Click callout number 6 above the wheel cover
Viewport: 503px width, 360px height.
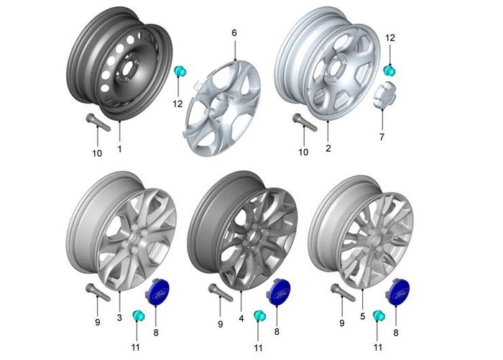click(x=234, y=33)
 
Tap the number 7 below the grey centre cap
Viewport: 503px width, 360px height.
click(x=382, y=137)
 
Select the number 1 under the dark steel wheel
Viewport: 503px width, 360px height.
click(x=120, y=149)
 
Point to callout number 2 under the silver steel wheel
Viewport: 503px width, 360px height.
click(x=328, y=149)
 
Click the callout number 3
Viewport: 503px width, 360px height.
click(x=119, y=318)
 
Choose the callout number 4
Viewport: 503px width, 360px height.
click(x=241, y=318)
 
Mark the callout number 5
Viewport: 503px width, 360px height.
click(x=362, y=317)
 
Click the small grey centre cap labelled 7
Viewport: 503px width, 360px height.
click(x=384, y=94)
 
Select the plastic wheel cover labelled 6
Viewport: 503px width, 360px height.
click(x=223, y=108)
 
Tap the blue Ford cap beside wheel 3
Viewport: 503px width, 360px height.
click(x=157, y=292)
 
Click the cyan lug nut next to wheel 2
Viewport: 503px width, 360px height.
click(x=389, y=70)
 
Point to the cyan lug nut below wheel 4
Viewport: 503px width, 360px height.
click(x=259, y=315)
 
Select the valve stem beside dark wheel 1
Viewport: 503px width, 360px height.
click(x=98, y=122)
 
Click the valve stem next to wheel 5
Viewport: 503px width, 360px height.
click(x=343, y=292)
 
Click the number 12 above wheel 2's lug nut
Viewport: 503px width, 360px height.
click(x=389, y=38)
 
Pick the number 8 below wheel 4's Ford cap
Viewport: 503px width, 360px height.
click(x=277, y=331)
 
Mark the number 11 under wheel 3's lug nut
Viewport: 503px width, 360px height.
click(x=136, y=347)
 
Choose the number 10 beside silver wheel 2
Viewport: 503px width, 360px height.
click(x=303, y=152)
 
